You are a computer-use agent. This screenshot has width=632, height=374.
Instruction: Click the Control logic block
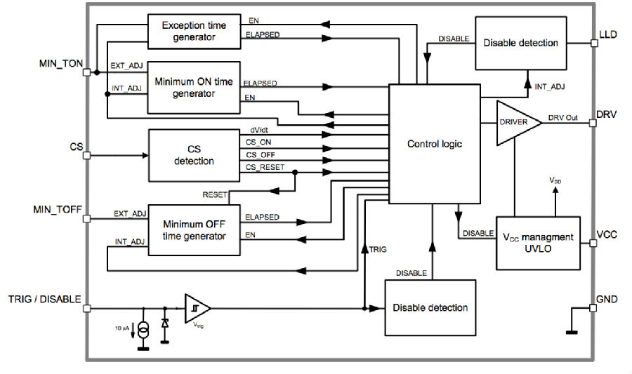coord(435,144)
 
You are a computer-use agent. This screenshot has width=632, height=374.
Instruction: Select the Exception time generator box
coord(195,32)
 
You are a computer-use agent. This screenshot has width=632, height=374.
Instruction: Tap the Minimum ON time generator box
coord(194,88)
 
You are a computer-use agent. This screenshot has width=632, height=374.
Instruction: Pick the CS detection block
coord(194,155)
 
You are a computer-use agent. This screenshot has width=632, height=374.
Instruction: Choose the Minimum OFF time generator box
coord(195,230)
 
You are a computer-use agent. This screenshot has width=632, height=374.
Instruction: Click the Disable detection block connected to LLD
coord(521,43)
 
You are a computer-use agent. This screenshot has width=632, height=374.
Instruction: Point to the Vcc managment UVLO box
coord(538,243)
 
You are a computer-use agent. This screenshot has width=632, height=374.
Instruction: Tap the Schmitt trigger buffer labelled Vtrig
coord(197,308)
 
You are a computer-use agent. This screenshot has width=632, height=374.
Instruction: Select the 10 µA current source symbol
coord(143,330)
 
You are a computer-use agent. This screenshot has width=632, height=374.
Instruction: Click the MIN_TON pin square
coord(86,72)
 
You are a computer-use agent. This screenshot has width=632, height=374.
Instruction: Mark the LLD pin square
coord(594,43)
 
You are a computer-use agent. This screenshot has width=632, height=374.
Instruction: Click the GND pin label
coord(607,299)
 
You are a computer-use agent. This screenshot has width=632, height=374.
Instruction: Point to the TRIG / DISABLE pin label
coord(45,299)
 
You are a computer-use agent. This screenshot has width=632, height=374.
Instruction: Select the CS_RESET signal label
coord(265,167)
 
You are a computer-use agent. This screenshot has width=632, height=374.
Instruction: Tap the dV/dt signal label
coord(259,130)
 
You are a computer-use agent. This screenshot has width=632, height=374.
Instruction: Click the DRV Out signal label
coord(562,118)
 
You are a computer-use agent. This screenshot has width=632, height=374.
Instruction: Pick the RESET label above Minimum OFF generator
coord(215,195)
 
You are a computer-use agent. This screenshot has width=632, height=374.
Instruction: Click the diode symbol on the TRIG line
coord(165,323)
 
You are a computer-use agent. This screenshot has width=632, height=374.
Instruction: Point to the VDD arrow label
coord(555,180)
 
